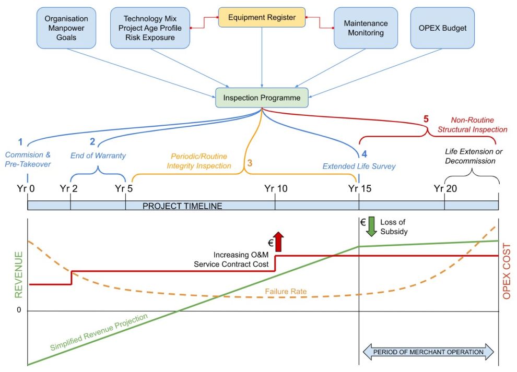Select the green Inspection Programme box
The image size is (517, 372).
click(262, 98)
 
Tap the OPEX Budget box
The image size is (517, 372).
click(442, 28)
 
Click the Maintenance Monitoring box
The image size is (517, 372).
click(366, 28)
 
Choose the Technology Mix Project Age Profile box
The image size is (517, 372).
click(149, 28)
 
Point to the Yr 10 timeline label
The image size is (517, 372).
click(275, 188)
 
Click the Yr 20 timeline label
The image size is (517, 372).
click(444, 188)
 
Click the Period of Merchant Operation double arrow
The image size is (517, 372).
click(428, 352)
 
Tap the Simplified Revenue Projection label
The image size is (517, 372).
click(99, 332)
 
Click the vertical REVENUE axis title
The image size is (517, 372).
click(19, 274)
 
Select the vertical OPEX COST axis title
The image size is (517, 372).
click(507, 271)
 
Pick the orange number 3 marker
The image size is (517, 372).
click(249, 163)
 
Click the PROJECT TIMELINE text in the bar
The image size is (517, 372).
click(182, 206)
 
